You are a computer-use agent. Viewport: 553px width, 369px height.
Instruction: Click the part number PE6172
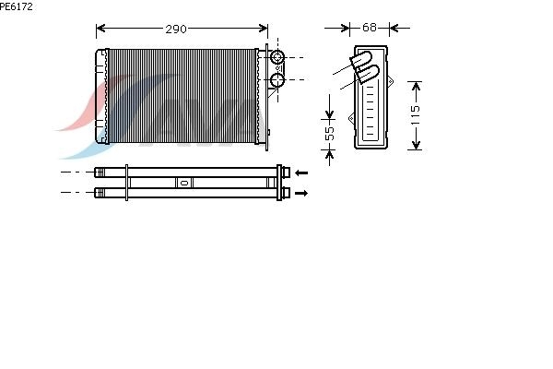[x=17, y=6]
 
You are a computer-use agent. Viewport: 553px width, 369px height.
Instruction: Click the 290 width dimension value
[x=176, y=29]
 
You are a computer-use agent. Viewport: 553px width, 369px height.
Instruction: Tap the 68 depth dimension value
[x=370, y=27]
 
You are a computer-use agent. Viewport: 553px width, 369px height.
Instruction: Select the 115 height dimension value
[x=416, y=114]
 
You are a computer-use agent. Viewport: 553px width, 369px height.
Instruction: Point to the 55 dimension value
[x=329, y=133]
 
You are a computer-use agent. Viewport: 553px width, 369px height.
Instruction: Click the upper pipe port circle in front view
[x=277, y=57]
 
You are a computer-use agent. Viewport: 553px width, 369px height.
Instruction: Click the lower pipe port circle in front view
[x=277, y=80]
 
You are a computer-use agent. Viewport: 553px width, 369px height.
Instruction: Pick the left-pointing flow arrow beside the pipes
[x=301, y=173]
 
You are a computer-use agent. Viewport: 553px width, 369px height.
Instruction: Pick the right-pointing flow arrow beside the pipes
[x=301, y=193]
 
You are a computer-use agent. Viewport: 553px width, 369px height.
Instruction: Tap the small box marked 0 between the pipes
[x=184, y=183]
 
